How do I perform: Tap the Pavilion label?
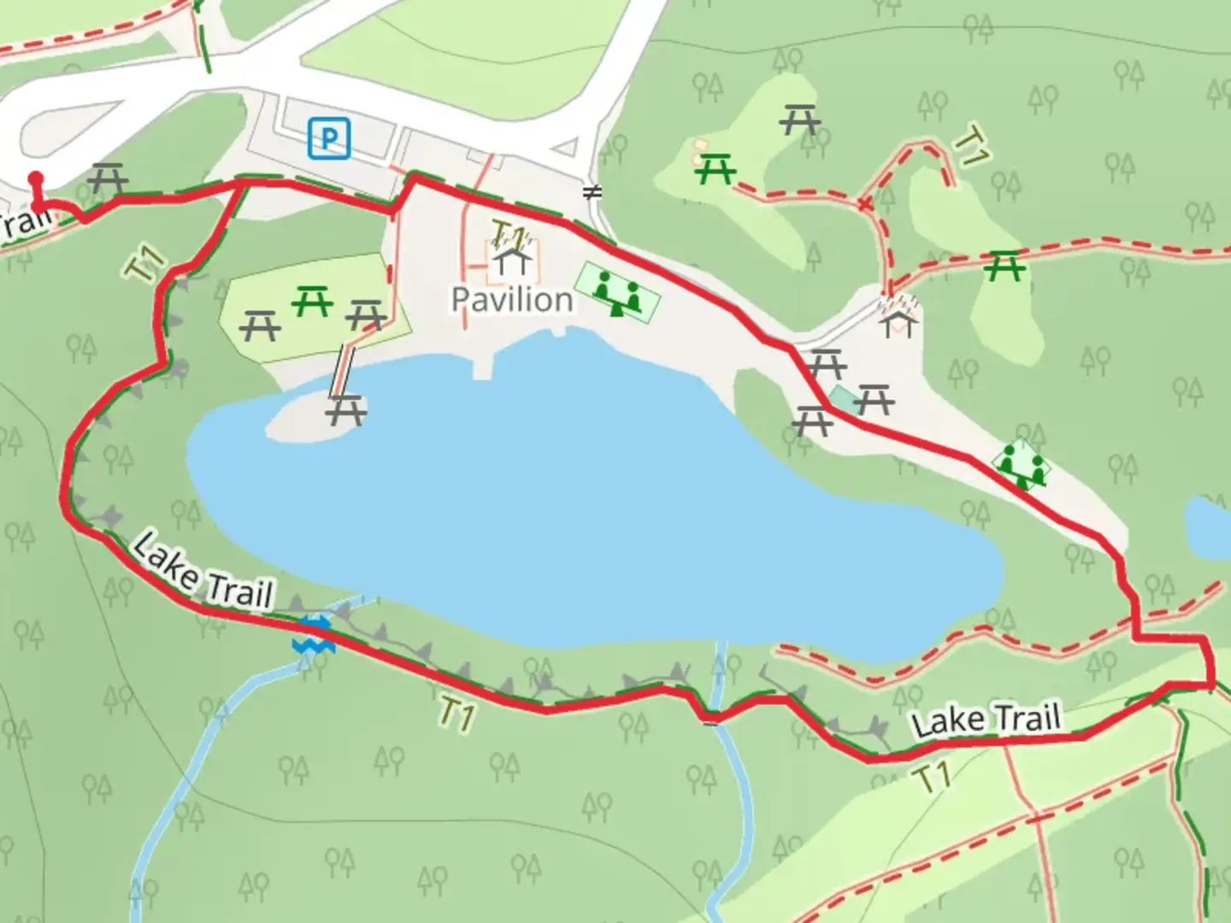[x=511, y=300]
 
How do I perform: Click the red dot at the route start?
[x=36, y=179]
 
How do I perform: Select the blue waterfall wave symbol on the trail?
[x=313, y=636]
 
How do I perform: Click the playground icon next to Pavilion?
[x=617, y=291]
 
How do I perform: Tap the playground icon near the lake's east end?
[x=1022, y=467]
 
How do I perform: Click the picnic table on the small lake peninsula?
[x=345, y=410]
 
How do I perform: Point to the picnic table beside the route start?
[x=109, y=179]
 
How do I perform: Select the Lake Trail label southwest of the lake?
[x=203, y=571]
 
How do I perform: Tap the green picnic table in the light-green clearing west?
[x=312, y=301]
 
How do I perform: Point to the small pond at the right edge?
[x=1209, y=526]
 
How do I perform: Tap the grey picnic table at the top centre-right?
[x=799, y=120]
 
